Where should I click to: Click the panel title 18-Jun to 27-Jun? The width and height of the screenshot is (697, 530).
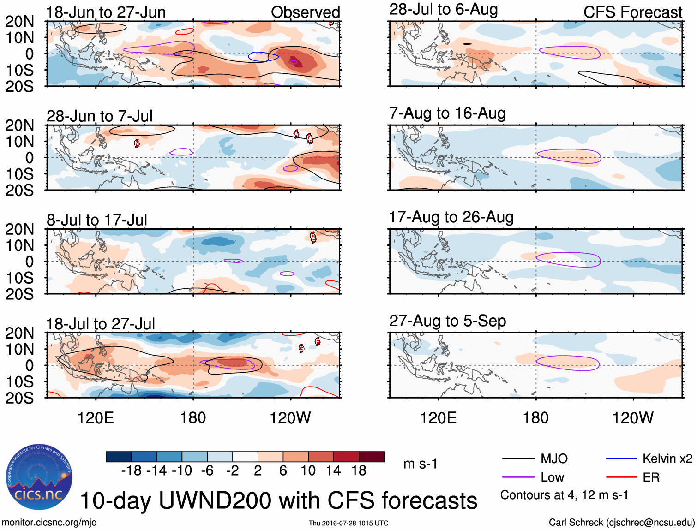click(x=106, y=12)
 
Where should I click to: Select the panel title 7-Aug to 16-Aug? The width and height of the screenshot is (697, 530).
click(x=447, y=113)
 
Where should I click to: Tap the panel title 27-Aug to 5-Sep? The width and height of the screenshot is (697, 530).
click(x=447, y=321)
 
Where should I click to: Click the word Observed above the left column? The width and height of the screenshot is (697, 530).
click(x=305, y=12)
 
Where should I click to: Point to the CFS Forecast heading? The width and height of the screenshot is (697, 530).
click(x=632, y=12)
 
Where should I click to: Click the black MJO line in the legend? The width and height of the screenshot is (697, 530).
click(x=518, y=459)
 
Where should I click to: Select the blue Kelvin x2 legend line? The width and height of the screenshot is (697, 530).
click(x=621, y=459)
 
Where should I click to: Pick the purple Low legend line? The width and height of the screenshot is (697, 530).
click(x=518, y=477)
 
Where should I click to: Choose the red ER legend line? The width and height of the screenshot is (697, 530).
click(x=621, y=477)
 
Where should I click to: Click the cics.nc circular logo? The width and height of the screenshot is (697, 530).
click(x=39, y=477)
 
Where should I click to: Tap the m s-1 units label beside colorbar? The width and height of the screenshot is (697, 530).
click(x=420, y=464)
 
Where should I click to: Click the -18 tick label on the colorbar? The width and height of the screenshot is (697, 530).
click(x=131, y=471)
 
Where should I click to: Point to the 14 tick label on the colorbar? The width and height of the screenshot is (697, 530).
click(x=333, y=471)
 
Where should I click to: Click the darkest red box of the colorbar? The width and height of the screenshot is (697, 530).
click(x=372, y=457)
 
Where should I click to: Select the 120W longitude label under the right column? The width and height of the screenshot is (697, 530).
click(x=632, y=418)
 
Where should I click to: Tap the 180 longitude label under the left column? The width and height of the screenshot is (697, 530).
click(x=193, y=418)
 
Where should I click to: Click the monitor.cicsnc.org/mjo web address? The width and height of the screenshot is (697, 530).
click(x=49, y=523)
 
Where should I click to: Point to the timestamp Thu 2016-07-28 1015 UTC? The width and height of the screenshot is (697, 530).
click(x=348, y=523)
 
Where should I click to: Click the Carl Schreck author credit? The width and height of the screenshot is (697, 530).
click(x=621, y=523)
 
